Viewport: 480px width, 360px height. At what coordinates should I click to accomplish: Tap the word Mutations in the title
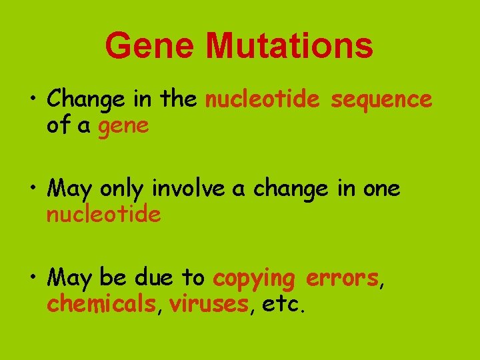289,46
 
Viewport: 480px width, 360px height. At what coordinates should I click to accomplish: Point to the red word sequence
381,101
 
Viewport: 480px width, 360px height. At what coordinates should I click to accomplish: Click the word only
123,190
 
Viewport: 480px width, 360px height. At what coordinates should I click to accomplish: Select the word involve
190,189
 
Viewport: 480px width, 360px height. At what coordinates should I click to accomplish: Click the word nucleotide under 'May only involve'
103,214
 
